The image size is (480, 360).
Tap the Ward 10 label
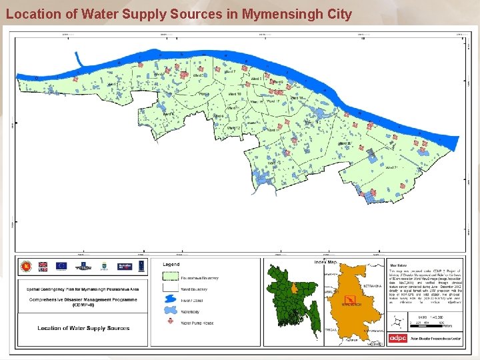[x=234, y=94]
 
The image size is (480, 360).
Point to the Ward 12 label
[x=233, y=128]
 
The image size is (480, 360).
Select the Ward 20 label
[x=345, y=143]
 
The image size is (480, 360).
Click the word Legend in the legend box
[x=171, y=264]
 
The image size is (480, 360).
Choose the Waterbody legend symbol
[x=168, y=312]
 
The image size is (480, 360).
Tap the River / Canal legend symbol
[x=168, y=300]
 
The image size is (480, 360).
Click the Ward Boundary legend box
[x=168, y=289]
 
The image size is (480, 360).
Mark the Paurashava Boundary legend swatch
[x=168, y=277]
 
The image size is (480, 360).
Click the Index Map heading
[x=325, y=261]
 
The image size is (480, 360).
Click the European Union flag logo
[x=61, y=266]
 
